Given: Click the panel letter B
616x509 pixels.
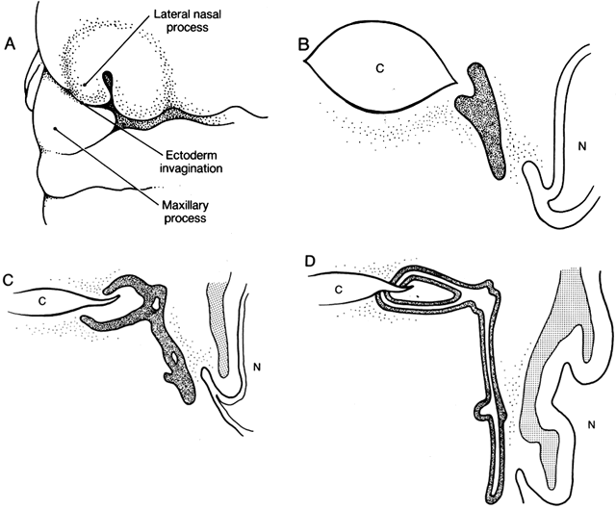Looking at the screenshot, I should point(306,43).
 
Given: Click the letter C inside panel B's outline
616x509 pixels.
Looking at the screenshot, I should point(380,68).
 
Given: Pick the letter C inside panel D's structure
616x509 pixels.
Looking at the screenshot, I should point(339,288).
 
